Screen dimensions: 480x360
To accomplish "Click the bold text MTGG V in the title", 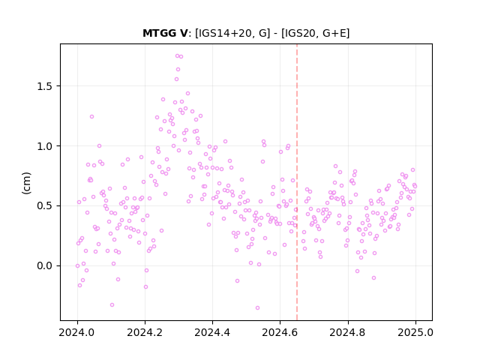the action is point(165,33).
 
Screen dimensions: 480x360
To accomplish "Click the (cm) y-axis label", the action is point(26,183).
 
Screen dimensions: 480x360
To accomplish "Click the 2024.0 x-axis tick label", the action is point(77,332).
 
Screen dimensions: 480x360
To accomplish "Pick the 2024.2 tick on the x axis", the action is point(145,332).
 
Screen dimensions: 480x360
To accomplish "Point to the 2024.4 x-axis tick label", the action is point(212,332).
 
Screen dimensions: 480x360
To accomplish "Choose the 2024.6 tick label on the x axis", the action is point(280,332).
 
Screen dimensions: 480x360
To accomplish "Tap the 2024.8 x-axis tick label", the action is point(348,332).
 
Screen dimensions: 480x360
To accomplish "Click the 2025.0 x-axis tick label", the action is point(415,332).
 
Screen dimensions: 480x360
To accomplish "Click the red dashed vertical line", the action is point(297,182).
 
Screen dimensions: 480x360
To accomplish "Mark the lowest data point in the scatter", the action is point(257,307).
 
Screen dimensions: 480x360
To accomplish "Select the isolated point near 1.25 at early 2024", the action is point(91,117).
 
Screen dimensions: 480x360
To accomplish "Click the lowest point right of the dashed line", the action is point(373,278).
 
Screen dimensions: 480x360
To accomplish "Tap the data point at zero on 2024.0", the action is point(77,265).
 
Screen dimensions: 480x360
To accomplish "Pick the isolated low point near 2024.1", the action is point(112,305).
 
